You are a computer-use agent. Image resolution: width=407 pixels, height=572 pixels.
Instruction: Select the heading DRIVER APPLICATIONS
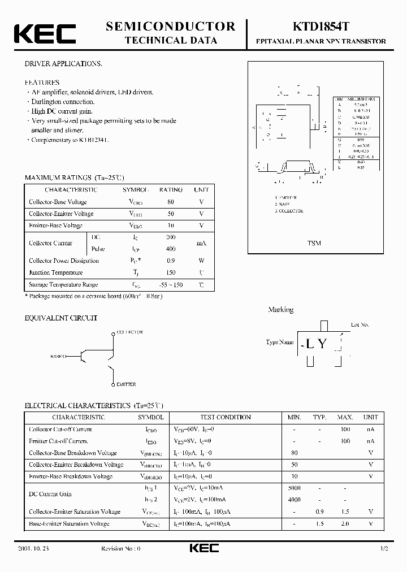coord(63,64)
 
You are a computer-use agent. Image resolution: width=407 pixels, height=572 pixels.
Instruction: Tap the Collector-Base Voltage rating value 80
coord(171,202)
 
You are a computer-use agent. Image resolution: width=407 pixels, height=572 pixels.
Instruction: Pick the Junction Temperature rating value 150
coord(171,272)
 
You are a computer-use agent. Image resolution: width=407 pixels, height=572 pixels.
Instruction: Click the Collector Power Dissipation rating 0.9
coord(171,261)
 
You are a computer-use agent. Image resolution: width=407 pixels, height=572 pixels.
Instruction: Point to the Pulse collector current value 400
coord(171,249)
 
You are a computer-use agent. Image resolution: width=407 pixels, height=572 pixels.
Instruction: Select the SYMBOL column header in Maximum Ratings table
coord(136,190)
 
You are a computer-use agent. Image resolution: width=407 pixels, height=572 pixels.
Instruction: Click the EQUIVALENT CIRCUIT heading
coord(61,318)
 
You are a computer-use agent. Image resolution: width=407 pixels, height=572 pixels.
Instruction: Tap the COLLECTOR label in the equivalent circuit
coord(129,332)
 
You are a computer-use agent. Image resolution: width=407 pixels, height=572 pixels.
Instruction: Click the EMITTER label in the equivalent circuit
coord(125,384)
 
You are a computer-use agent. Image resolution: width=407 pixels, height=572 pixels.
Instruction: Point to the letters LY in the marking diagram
coord(316,344)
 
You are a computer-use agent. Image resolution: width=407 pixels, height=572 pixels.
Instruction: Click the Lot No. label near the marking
coord(360,325)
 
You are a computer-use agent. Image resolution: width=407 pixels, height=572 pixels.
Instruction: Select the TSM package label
coord(314,243)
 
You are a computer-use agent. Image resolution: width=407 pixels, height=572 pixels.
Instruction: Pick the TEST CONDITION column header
coord(226,417)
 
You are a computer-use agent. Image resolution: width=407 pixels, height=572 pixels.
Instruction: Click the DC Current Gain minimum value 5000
coord(294,488)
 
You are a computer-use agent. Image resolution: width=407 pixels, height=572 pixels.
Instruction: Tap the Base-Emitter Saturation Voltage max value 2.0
coord(345,523)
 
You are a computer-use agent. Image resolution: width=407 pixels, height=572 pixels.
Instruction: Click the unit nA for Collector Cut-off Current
coord(370,429)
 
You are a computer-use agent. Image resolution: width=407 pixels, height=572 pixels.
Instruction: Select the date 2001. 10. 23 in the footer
coord(41,549)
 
